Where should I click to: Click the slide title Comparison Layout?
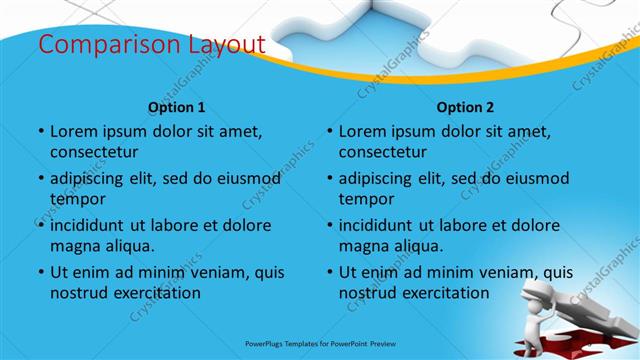tap(151, 45)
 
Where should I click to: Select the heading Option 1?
tap(177, 107)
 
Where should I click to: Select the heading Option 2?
tap(465, 107)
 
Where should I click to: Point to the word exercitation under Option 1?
tap(154, 294)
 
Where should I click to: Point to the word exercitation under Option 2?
tap(443, 294)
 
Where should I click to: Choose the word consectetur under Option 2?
tap(384, 152)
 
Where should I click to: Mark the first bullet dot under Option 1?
tap(40, 132)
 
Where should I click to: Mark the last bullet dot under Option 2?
tap(329, 272)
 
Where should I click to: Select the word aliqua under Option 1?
tap(128, 246)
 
